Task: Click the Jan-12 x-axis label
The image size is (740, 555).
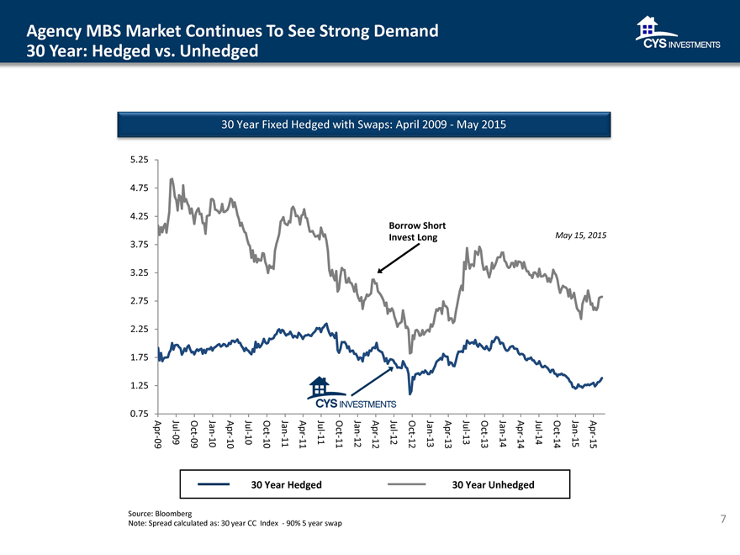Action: coord(357,434)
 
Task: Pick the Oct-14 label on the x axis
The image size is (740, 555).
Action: coord(557,434)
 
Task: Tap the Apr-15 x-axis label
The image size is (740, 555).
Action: coord(594,434)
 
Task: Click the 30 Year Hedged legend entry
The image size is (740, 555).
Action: coord(286,484)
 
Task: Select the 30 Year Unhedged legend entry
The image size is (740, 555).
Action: coord(492,484)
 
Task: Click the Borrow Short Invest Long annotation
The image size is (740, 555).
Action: coord(416,231)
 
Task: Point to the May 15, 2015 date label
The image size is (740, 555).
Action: coord(581,235)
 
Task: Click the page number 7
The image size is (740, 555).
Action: coord(723,519)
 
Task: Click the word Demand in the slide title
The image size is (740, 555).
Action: coord(398,32)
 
